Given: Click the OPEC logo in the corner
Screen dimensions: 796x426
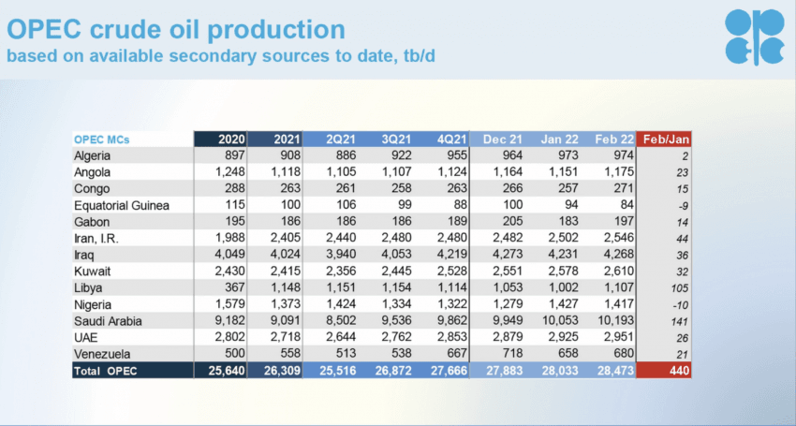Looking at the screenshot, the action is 755,37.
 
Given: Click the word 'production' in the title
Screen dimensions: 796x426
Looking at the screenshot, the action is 276,29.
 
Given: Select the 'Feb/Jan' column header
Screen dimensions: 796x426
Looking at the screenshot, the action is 666,140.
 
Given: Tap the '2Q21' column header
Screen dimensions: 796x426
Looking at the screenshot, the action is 341,140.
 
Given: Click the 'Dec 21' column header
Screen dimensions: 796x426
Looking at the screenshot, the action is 503,140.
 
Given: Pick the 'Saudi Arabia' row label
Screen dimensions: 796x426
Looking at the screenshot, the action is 108,321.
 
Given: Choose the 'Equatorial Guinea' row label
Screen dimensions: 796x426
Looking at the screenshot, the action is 122,205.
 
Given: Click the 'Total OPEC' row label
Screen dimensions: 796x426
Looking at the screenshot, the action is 105,371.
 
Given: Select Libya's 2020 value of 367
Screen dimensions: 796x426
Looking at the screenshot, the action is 234,287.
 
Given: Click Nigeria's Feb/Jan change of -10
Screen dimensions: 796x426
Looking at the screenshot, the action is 680,304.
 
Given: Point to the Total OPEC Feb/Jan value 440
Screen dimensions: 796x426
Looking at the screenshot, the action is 679,371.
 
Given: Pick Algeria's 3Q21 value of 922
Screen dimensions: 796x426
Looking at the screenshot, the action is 401,155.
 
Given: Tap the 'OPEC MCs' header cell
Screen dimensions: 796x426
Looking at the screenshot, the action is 101,140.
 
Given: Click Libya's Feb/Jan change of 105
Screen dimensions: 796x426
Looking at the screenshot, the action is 680,287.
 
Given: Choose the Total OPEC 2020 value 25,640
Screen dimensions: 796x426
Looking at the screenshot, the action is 227,371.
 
